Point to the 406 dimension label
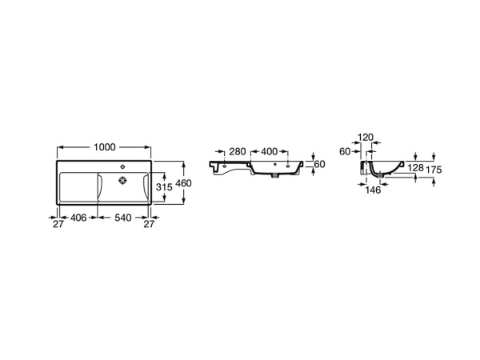point(77,217)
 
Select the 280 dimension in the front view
point(238,151)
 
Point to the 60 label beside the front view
point(320,164)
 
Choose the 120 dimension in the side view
point(366,138)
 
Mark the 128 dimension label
point(415,168)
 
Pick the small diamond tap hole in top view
point(122,166)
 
